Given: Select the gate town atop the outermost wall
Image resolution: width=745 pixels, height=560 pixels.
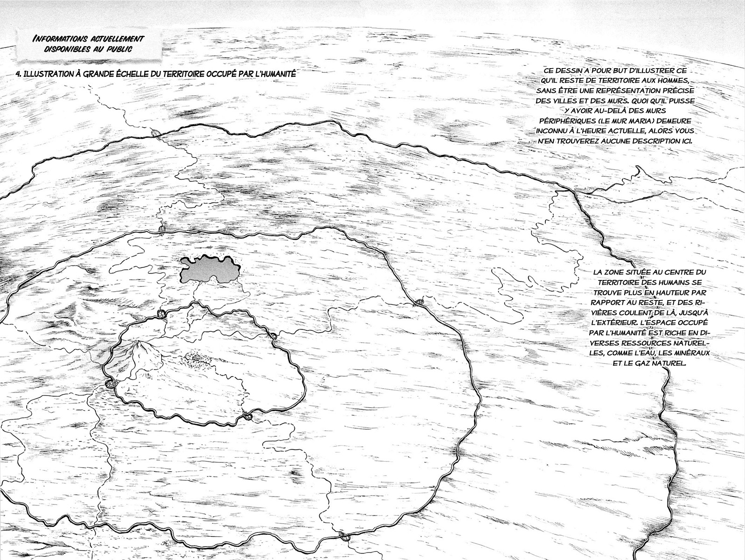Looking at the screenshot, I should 155,134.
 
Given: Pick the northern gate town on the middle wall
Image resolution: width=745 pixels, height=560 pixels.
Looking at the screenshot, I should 162,230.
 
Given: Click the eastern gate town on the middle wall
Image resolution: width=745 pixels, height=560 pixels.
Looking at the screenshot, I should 418,302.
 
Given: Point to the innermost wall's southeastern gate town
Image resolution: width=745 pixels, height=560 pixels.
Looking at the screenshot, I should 247,414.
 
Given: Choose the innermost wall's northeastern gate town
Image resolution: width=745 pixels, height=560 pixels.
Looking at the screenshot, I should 273,336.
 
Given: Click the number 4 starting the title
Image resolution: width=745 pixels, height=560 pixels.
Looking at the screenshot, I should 18,74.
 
